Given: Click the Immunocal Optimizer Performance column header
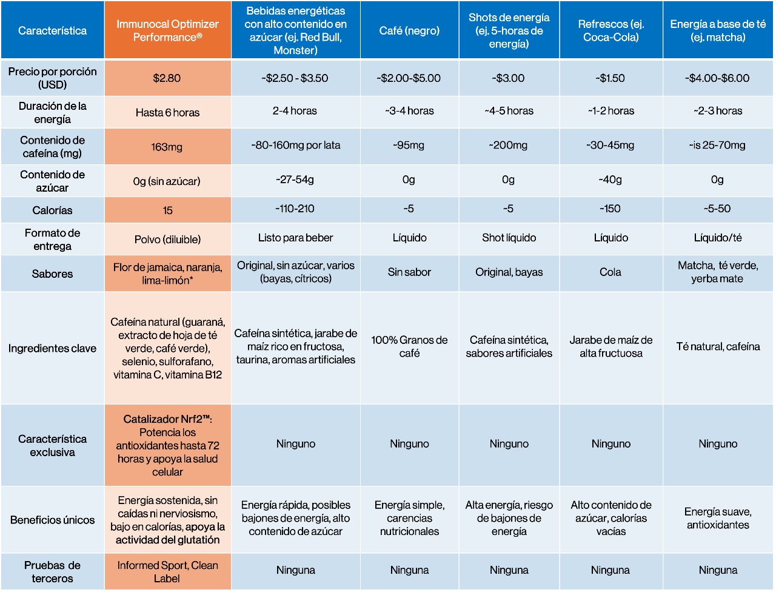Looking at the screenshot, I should pos(167,30).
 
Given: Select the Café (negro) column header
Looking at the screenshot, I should pos(409,30).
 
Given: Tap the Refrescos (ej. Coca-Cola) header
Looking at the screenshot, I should pos(610,30).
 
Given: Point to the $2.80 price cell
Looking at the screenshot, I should pos(167,78).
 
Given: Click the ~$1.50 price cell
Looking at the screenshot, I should pos(610,78).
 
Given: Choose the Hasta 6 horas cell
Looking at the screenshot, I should pos(167,112).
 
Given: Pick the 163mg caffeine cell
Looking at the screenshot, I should pos(167,147).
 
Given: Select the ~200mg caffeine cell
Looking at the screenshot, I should pos(509,146).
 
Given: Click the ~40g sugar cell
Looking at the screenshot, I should pos(610,180).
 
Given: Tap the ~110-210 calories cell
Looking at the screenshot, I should pos(295,209).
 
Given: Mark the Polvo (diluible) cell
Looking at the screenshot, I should pos(167,240).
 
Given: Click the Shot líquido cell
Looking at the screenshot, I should pos(509,238).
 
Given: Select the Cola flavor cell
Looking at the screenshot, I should pos(610,272).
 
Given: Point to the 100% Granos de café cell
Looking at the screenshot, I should pos(409,347).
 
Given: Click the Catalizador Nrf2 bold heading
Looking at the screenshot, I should pos(167,419).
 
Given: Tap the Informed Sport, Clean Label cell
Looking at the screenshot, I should pos(167,571).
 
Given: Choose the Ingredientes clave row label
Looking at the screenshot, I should pos(52,348).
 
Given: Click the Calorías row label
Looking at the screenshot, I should pos(52,210).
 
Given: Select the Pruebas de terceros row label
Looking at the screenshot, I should pos(52,571).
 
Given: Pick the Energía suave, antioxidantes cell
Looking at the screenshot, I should pos(718,519).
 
